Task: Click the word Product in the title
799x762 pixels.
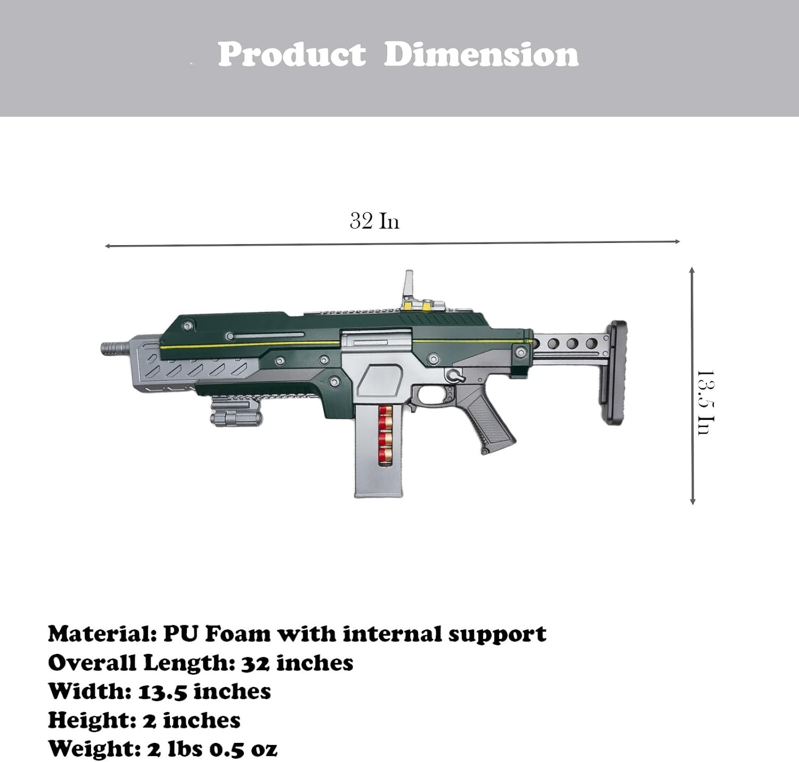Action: (291, 54)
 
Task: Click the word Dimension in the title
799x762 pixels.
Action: (481, 54)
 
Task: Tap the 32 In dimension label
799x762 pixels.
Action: (374, 221)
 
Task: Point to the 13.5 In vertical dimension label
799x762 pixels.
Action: (706, 402)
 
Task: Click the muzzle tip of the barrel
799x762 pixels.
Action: (102, 349)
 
